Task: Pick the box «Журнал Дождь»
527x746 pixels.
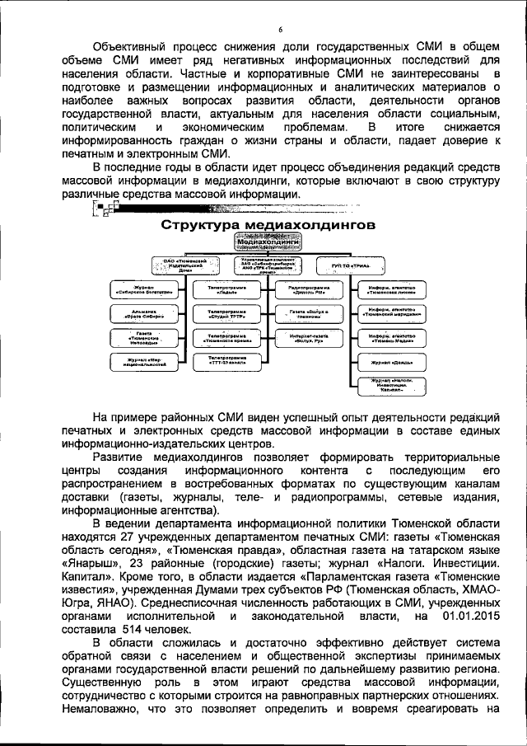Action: [391, 361]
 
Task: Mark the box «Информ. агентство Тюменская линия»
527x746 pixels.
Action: [391, 290]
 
